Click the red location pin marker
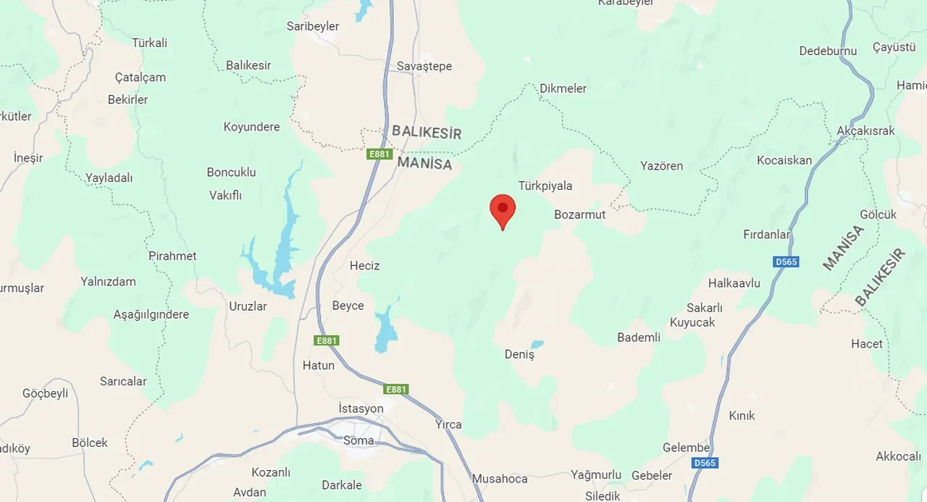(503, 209)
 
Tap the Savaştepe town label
(424, 67)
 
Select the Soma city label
(359, 440)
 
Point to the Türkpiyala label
(545, 186)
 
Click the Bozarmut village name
(579, 215)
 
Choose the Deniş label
(519, 355)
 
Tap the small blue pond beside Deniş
(537, 345)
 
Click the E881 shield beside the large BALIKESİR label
(379, 154)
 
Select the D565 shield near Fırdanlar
(786, 262)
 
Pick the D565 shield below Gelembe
(703, 463)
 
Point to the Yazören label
(661, 167)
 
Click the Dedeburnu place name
(828, 51)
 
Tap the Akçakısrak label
(865, 131)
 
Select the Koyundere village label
(251, 127)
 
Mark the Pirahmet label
(172, 256)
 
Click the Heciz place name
(364, 266)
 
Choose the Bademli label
(639, 338)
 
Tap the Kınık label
(742, 416)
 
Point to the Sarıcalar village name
(123, 382)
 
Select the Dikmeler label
(563, 89)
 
